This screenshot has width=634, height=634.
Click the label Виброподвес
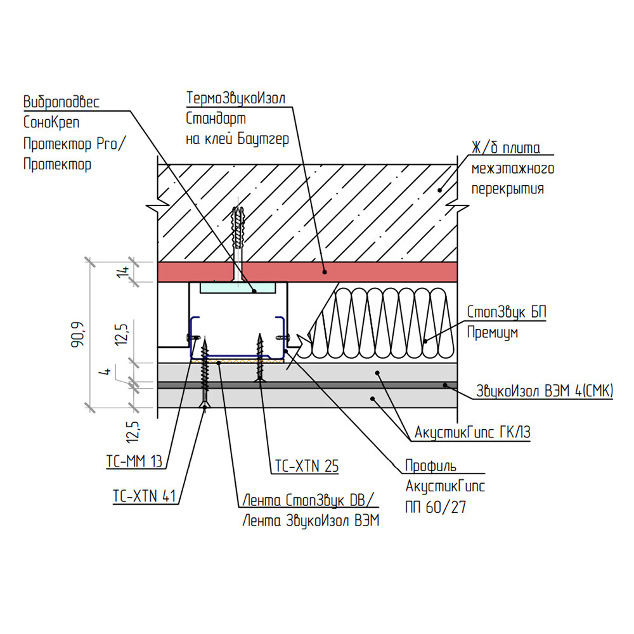coord(61,102)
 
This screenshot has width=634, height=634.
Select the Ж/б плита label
coord(505,149)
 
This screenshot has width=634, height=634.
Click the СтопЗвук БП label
coord(506,313)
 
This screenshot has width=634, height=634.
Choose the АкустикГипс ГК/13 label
coord(472,432)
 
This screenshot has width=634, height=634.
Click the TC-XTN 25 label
coord(306,467)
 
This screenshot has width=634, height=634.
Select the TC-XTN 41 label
coord(144,496)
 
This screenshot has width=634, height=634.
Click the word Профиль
coord(430,467)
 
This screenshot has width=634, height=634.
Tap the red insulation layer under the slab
coord(380,272)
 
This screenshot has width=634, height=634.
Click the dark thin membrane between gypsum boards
coord(380,385)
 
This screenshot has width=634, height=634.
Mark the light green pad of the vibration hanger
coord(238,288)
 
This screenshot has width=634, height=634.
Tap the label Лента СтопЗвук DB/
coord(309,501)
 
